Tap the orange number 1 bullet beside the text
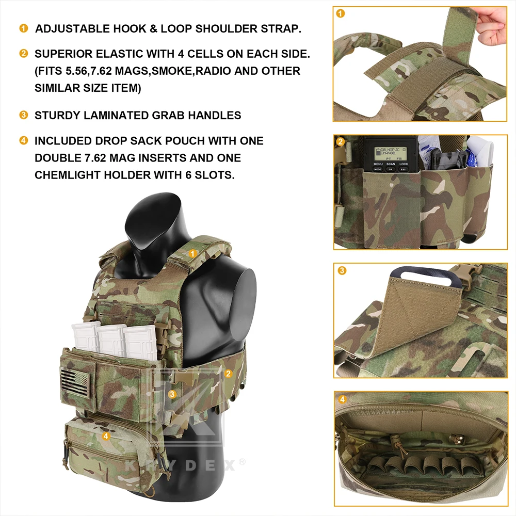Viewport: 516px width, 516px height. (24, 28)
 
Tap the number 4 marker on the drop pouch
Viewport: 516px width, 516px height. (106, 436)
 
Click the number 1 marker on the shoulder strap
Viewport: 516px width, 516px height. (192, 253)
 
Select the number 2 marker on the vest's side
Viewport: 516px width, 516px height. (229, 373)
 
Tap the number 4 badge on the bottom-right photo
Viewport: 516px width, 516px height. (342, 399)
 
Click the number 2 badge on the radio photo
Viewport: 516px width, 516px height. (341, 142)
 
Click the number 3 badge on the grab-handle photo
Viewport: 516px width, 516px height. (342, 270)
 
